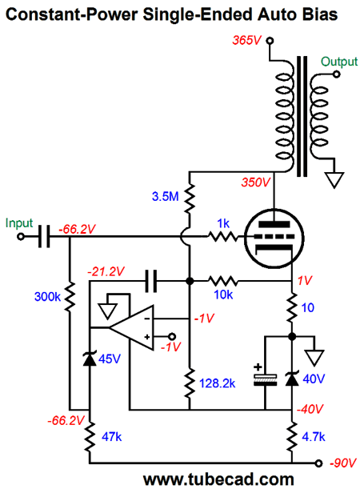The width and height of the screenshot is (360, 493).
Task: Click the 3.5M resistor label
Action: pyautogui.click(x=165, y=197)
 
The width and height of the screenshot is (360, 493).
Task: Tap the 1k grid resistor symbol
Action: pyautogui.click(x=223, y=236)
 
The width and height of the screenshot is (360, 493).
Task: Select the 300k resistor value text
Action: pyautogui.click(x=47, y=296)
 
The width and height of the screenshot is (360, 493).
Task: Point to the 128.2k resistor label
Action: pyautogui.click(x=218, y=383)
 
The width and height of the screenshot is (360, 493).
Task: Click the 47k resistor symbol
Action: pyautogui.click(x=90, y=437)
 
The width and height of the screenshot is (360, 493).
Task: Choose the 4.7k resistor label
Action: pyautogui.click(x=314, y=437)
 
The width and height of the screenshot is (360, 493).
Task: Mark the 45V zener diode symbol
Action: pyautogui.click(x=90, y=359)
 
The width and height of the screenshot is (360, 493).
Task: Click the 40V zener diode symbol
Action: pyautogui.click(x=292, y=379)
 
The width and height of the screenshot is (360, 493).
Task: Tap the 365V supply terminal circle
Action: pyautogui.click(x=270, y=41)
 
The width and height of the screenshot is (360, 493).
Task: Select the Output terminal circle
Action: pyautogui.click(x=337, y=74)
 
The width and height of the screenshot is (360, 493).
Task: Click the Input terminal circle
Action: pyautogui.click(x=21, y=236)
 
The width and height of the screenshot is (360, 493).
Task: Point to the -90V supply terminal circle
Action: pyautogui.click(x=318, y=463)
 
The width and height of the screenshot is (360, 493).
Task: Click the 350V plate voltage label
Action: pyautogui.click(x=256, y=182)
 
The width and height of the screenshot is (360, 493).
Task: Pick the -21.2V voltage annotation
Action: pyautogui.click(x=106, y=271)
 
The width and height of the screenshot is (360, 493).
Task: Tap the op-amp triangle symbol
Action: pyautogui.click(x=131, y=327)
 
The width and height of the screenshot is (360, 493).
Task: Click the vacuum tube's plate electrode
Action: pyautogui.click(x=274, y=224)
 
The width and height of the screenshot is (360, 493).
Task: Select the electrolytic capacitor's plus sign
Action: pyautogui.click(x=258, y=367)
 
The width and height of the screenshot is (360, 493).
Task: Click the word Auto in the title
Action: pyautogui.click(x=278, y=14)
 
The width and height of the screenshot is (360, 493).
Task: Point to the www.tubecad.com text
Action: pyautogui.click(x=218, y=480)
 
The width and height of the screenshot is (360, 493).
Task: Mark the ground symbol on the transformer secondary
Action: pyautogui.click(x=334, y=180)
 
